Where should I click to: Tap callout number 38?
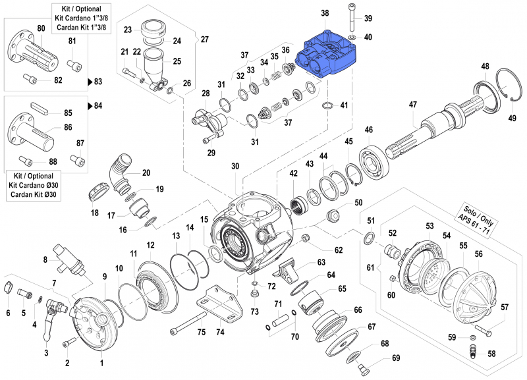324,13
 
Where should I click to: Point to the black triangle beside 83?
91,82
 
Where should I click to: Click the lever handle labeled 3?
47,329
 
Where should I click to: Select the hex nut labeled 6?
9,287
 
